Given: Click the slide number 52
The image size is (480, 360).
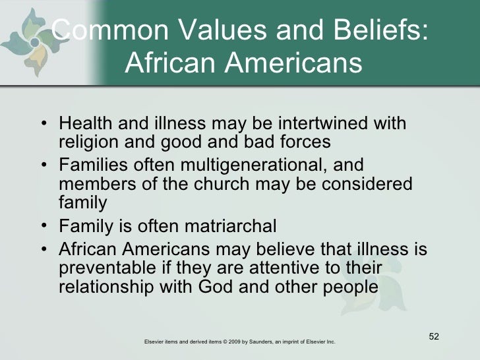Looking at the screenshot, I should tap(433, 339).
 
